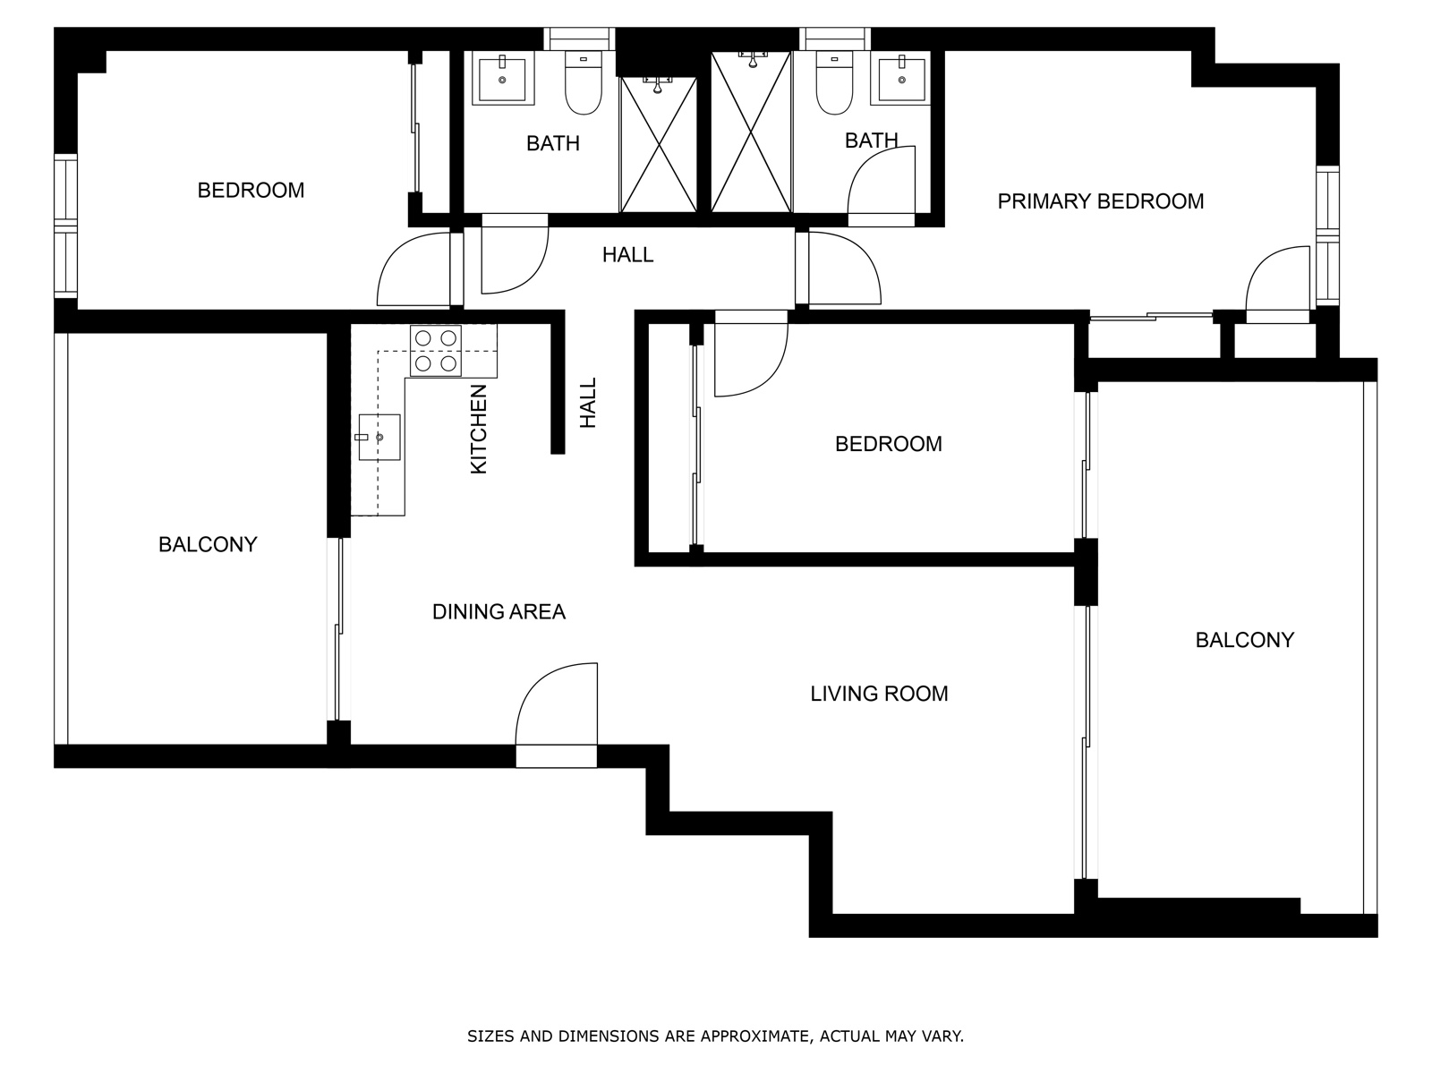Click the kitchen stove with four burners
pyautogui.click(x=435, y=351)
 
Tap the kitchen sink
pyautogui.click(x=379, y=437)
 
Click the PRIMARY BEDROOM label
pyautogui.click(x=1100, y=201)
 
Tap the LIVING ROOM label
pyautogui.click(x=879, y=694)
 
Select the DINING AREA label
pyautogui.click(x=499, y=611)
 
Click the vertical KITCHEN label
pyautogui.click(x=478, y=429)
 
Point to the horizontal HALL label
pyautogui.click(x=627, y=255)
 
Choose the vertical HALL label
pyautogui.click(x=588, y=403)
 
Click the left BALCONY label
pyautogui.click(x=208, y=544)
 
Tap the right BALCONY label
pyautogui.click(x=1244, y=640)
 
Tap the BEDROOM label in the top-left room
pyautogui.click(x=251, y=191)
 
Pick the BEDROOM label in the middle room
pyautogui.click(x=888, y=444)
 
